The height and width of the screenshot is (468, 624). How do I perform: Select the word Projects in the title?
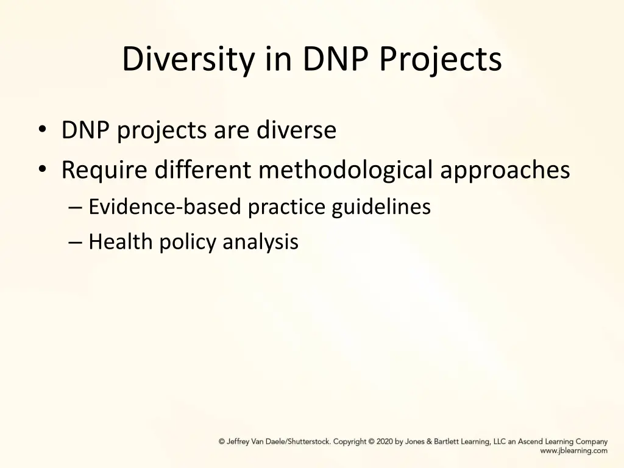(x=441, y=60)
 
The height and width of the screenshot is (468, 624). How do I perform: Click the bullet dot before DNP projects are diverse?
(x=41, y=130)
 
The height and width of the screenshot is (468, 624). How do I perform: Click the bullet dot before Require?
(x=41, y=170)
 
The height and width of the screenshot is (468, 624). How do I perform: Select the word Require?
(x=104, y=170)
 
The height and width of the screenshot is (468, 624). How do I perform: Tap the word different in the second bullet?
(x=203, y=170)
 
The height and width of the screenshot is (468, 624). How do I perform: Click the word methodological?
(x=346, y=170)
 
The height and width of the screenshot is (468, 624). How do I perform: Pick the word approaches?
(x=505, y=170)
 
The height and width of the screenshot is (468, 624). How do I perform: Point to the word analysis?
(x=260, y=243)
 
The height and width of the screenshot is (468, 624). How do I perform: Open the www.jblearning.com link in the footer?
(x=573, y=451)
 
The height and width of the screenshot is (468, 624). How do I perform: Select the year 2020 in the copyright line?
(x=385, y=441)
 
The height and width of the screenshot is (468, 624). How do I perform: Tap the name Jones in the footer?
(x=416, y=441)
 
